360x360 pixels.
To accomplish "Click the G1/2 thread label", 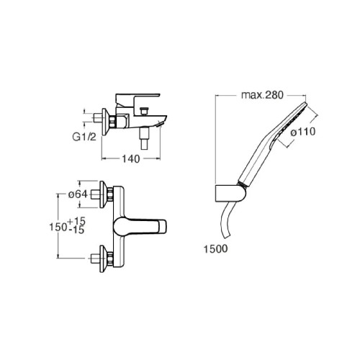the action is tap(84, 137).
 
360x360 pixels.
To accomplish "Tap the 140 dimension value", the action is tap(131, 158).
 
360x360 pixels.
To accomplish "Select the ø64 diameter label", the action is tap(78, 194).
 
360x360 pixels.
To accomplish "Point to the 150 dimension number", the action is tap(58, 227).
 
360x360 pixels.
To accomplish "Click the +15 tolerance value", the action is tap(77, 221).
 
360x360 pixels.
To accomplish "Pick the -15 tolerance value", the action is tap(76, 230).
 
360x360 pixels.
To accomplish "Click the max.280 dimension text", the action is tap(262, 95).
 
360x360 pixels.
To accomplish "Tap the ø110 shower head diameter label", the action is tap(303, 132).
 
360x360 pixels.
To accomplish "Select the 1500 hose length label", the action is tap(215, 249).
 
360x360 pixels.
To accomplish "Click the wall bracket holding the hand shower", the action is tap(230, 194).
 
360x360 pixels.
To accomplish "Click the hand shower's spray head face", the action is tap(290, 123).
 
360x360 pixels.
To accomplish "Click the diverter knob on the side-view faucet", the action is tap(143, 112).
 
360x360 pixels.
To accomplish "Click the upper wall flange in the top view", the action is tap(104, 194).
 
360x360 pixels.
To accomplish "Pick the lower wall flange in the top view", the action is tap(104, 258).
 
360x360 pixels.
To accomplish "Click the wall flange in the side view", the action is tap(106, 122).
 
